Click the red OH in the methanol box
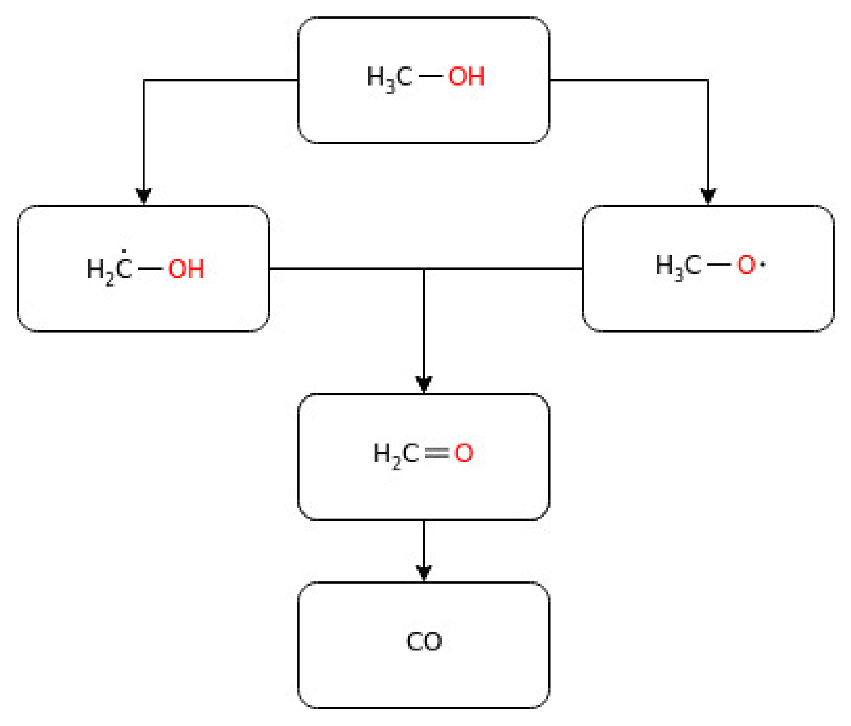coord(466,76)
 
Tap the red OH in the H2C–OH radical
coord(186,269)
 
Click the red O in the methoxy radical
coord(746,265)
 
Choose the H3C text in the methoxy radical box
coord(678,266)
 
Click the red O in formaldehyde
coord(464,453)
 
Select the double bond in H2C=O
coord(437,453)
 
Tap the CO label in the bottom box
coord(424,641)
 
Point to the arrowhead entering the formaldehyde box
coord(424,385)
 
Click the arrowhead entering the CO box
coord(424,573)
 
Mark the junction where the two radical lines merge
coord(424,269)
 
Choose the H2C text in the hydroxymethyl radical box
coord(110,270)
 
